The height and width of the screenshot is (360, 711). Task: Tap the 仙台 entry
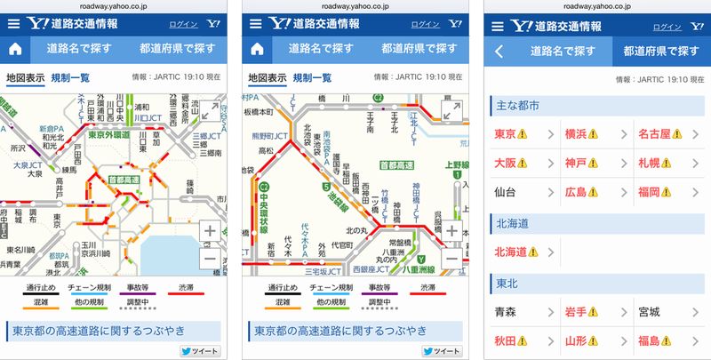click(x=507, y=191)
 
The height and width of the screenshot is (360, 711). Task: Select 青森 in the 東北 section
click(x=507, y=312)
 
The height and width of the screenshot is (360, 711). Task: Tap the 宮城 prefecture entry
click(x=650, y=312)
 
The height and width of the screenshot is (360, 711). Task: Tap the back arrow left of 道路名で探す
click(x=499, y=51)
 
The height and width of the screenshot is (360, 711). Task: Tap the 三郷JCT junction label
click(x=207, y=137)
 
